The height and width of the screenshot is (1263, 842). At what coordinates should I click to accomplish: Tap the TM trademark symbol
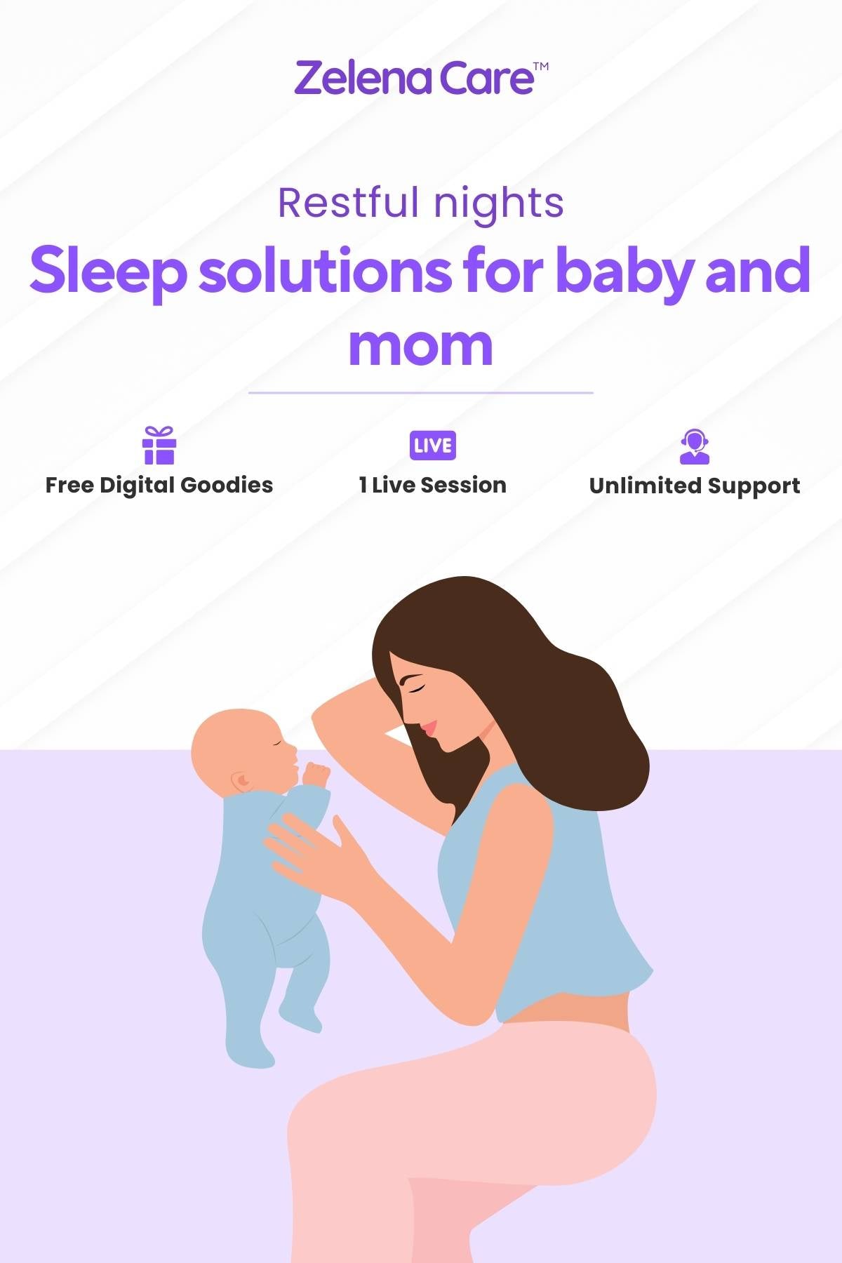(541, 67)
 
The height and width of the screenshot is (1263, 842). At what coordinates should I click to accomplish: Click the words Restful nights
(421, 204)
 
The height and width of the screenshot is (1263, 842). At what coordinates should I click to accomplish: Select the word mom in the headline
(421, 345)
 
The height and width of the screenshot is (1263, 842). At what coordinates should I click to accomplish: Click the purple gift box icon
(159, 445)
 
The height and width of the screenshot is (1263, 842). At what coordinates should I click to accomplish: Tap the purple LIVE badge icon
(433, 446)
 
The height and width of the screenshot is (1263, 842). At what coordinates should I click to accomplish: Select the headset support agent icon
(695, 446)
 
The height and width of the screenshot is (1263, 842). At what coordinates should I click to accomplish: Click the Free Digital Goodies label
(159, 485)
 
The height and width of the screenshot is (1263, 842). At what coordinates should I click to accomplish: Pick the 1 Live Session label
(432, 485)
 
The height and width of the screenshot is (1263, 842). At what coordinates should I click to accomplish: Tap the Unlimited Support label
(695, 486)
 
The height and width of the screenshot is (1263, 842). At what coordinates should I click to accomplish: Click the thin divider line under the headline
(421, 393)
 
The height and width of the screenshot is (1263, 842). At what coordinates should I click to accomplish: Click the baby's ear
(241, 780)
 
